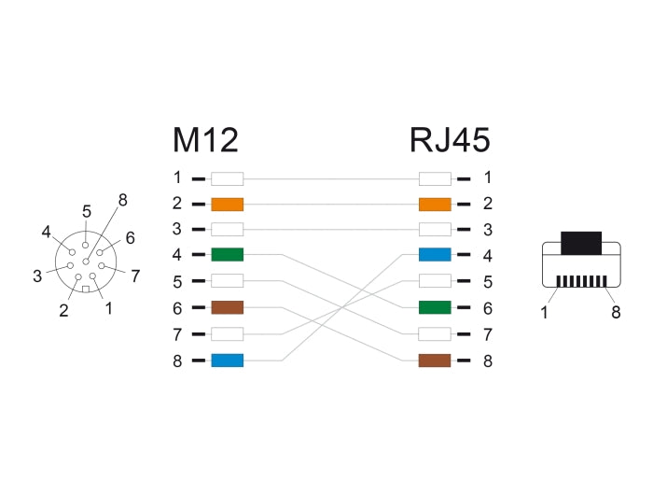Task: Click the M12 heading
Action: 205,140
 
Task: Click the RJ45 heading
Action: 449,140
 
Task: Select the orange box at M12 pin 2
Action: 227,205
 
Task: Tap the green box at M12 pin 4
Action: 227,254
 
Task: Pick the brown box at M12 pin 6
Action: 227,307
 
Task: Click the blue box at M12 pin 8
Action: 227,360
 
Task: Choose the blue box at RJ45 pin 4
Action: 435,254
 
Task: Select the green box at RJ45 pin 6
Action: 435,307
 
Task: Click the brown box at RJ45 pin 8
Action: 435,360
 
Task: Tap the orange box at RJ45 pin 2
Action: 435,205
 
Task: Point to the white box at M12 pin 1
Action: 227,177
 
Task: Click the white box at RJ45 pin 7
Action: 435,333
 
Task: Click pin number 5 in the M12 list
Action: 177,280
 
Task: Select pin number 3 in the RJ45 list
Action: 487,229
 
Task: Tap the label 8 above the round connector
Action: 122,198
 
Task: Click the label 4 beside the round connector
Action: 46,231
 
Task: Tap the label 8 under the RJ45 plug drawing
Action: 616,313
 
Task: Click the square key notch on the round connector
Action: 86,290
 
